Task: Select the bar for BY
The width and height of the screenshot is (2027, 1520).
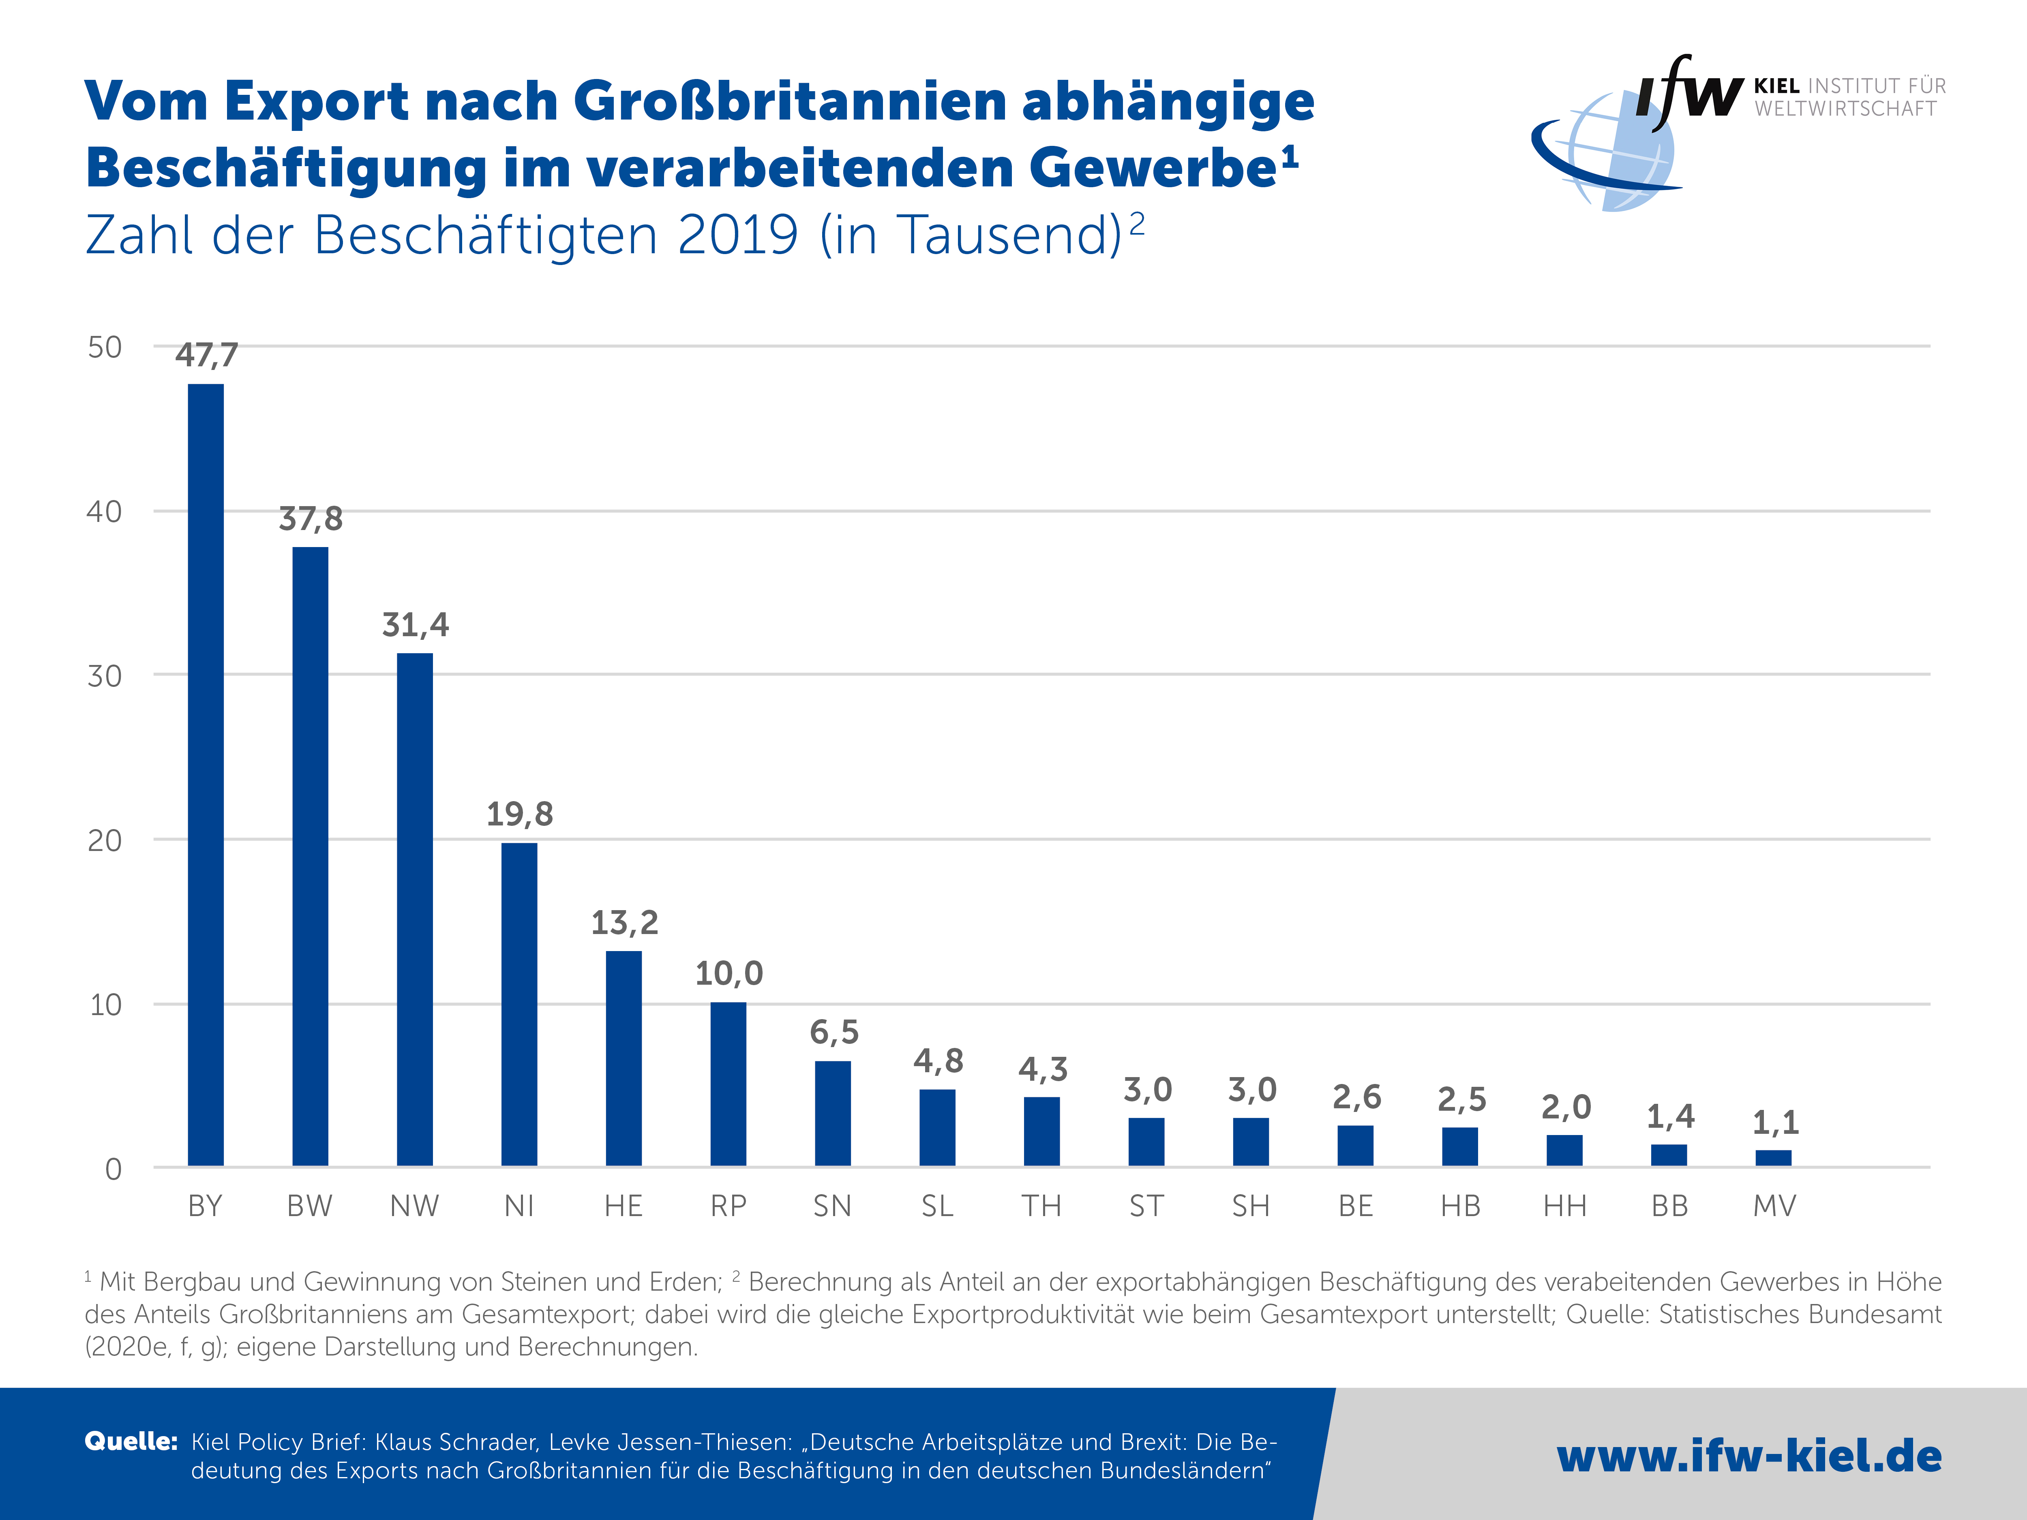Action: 205,774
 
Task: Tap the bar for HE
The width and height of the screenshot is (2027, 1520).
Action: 623,1058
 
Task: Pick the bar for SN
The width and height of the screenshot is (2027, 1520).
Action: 832,1113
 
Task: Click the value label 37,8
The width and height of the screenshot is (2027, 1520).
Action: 311,519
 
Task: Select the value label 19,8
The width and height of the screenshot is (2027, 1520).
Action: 520,814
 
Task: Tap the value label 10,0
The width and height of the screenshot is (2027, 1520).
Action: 729,973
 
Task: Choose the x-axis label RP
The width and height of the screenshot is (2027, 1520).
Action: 729,1206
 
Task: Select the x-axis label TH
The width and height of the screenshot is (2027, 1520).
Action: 1042,1206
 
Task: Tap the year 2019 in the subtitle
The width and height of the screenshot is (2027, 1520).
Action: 739,235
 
